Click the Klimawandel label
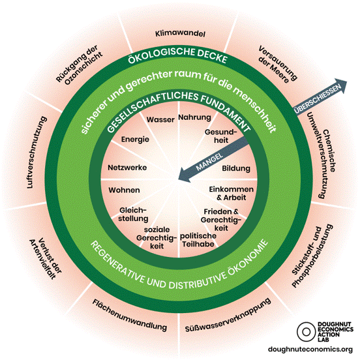pos(180,33)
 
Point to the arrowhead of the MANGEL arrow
pos(185,175)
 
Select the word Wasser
pos(160,119)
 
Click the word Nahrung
pos(195,117)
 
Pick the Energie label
pos(135,140)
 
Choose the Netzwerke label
pos(127,168)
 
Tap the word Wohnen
pos(124,190)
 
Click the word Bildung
pos(236,168)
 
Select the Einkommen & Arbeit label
pos(232,193)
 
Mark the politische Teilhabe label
pos(198,240)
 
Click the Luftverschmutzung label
pos(37,153)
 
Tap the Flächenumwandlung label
pos(130,315)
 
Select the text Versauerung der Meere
pos(277,65)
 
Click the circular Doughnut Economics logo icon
pos(306,331)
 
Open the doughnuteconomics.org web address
pos(310,350)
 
